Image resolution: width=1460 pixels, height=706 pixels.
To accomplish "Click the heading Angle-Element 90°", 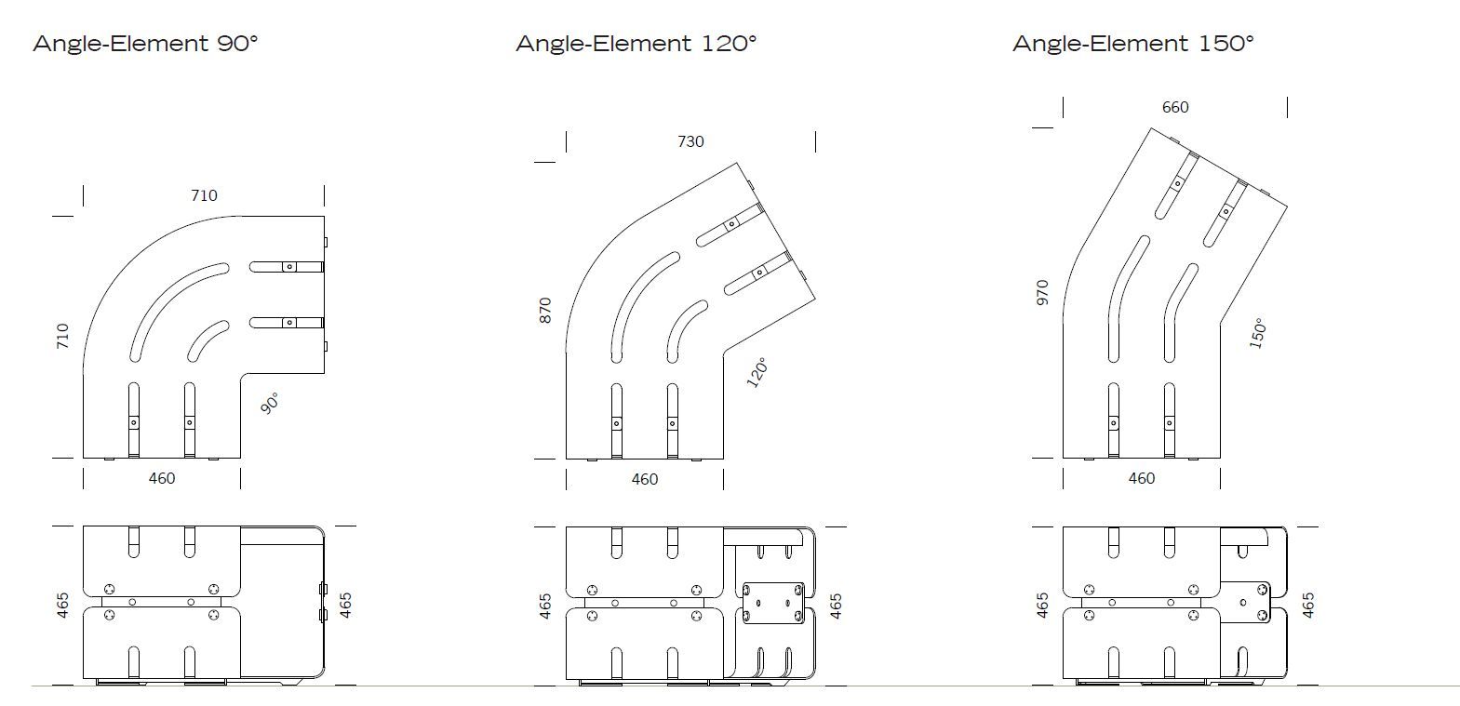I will click(145, 43).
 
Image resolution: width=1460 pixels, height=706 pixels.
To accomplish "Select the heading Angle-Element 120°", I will click(636, 43).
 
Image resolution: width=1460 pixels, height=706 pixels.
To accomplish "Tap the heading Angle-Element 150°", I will click(1133, 43).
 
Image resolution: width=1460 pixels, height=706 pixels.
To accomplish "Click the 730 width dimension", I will click(690, 141).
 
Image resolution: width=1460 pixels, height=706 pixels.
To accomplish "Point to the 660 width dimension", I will click(1175, 107).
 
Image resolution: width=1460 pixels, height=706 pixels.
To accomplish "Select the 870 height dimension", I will click(545, 310).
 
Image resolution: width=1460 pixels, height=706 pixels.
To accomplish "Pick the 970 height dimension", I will click(1042, 292).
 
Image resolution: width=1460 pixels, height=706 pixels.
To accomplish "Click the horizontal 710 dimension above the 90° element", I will click(204, 195).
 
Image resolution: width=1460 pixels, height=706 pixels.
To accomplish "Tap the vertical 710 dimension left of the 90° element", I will click(63, 336).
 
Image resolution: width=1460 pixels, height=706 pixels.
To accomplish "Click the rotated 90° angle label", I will click(270, 404).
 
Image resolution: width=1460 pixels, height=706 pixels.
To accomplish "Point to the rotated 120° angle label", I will click(757, 372).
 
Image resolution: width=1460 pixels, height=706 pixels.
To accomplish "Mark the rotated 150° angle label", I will click(1257, 333).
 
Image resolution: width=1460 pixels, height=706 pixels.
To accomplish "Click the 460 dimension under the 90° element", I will click(162, 478).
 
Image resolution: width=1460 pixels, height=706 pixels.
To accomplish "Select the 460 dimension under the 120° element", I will click(645, 479).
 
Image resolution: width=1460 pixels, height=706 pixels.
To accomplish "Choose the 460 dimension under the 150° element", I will click(1142, 478).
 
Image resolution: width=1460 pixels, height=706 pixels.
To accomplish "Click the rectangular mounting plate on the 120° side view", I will click(773, 603).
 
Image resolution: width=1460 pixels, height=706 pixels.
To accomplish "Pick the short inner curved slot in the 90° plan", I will click(208, 340).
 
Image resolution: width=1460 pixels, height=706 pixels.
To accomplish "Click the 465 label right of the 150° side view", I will click(1307, 606).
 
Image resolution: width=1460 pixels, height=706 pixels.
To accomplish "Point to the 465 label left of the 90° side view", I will click(63, 606).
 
